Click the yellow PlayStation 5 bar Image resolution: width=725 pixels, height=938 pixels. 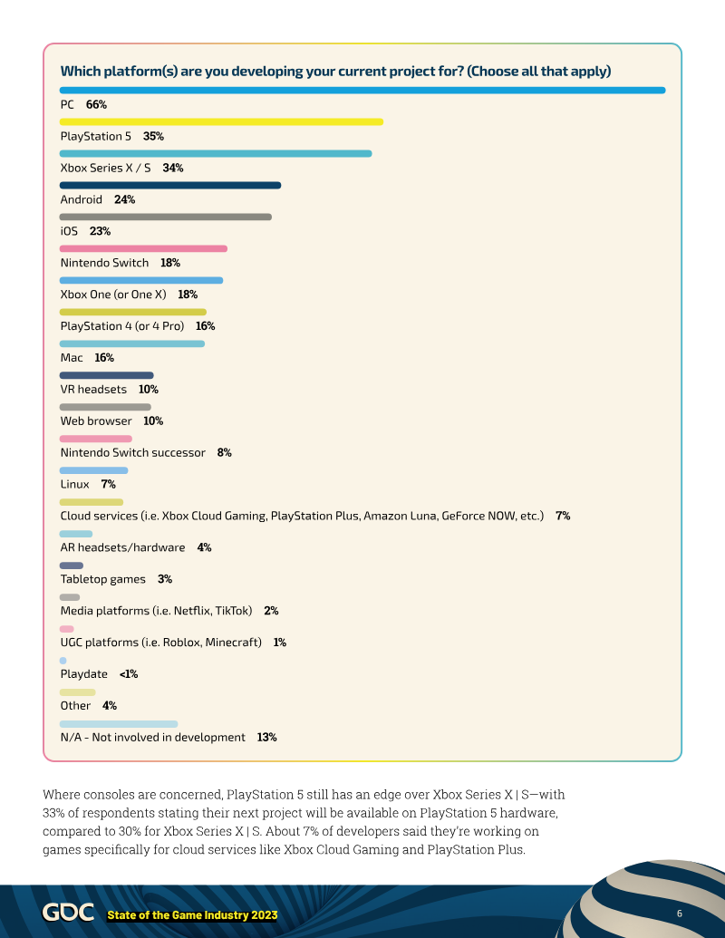(x=221, y=121)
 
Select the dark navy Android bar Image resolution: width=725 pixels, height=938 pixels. (x=170, y=185)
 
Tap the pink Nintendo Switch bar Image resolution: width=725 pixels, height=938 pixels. (x=143, y=248)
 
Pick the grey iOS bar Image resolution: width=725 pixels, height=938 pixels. (x=166, y=217)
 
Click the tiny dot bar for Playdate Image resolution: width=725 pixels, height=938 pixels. (x=63, y=660)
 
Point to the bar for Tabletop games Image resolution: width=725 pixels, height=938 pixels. (x=72, y=566)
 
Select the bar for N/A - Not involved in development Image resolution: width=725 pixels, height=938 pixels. (x=119, y=723)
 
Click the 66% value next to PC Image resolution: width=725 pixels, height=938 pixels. (x=96, y=105)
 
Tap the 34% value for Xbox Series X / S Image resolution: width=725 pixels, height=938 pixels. (x=173, y=168)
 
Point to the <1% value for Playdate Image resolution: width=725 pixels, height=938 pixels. (x=129, y=674)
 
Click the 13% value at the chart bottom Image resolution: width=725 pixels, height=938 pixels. (x=266, y=738)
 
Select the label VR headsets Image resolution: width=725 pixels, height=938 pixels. (x=93, y=390)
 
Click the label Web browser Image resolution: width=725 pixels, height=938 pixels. (x=96, y=421)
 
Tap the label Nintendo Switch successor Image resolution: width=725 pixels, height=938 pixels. (x=133, y=452)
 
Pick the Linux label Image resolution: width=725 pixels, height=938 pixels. (x=74, y=484)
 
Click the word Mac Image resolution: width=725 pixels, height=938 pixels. (x=72, y=358)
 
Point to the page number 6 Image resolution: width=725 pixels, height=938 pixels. (x=680, y=912)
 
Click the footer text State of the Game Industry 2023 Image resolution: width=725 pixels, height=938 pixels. (x=192, y=915)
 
